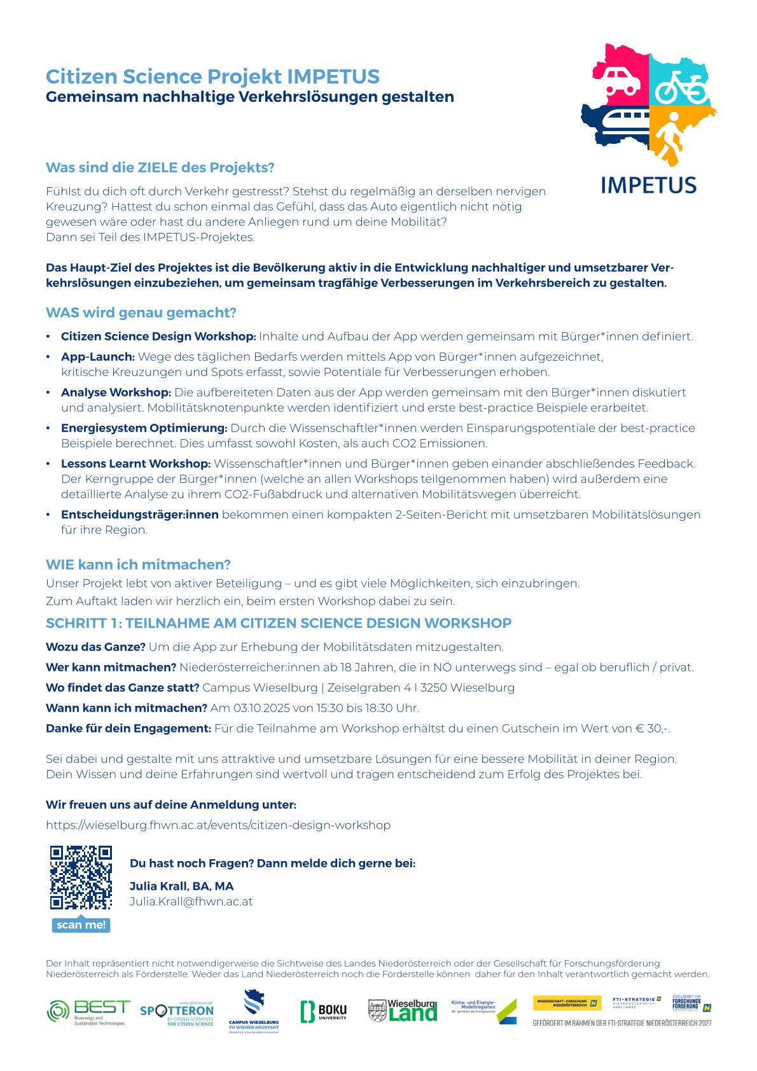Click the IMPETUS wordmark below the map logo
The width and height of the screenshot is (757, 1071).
pos(648,185)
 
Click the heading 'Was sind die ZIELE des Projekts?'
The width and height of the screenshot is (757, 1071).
pos(160,167)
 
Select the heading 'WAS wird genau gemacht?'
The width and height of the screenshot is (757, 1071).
pos(141,312)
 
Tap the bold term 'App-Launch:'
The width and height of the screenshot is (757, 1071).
pos(98,357)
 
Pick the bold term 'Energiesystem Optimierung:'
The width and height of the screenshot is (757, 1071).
pos(144,428)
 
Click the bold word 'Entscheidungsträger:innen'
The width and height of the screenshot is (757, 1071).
pos(140,515)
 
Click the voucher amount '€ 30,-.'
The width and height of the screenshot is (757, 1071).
pos(652,729)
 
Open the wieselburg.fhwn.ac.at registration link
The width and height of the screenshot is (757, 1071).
pos(218,825)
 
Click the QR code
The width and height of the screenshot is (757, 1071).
pos(81,878)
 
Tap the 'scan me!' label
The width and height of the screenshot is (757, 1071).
pos(81,925)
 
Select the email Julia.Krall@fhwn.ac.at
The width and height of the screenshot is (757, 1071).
pos(191,902)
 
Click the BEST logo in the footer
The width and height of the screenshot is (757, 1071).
pos(88,1011)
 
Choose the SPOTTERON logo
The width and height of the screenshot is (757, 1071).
pos(177,1012)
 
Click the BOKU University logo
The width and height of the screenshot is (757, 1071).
pos(324,1011)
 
